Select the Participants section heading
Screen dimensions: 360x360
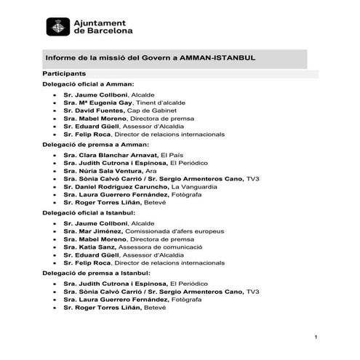coord(65,74)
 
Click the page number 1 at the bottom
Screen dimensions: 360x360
coord(316,337)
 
